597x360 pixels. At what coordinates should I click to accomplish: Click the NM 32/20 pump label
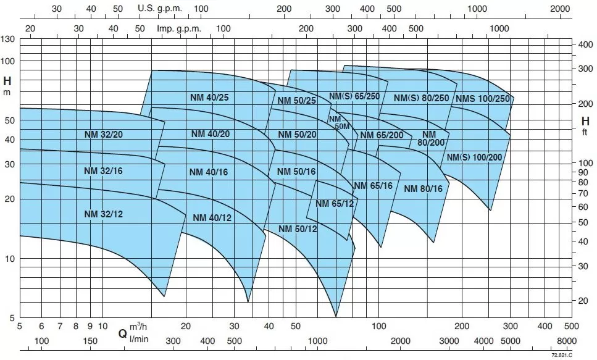click(104, 134)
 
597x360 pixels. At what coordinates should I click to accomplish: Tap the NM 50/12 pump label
click(298, 229)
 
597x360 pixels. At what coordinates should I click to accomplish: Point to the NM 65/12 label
click(334, 204)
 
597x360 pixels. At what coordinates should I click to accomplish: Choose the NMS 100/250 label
click(482, 99)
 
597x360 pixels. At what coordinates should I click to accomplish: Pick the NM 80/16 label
click(423, 189)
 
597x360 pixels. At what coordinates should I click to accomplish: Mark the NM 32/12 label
click(104, 214)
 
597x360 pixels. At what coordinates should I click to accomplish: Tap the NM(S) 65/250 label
click(354, 96)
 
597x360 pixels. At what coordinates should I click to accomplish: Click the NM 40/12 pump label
click(212, 217)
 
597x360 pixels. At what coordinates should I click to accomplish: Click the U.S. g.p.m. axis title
click(157, 9)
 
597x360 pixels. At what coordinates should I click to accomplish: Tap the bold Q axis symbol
click(123, 333)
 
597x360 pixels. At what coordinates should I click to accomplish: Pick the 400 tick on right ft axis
click(585, 46)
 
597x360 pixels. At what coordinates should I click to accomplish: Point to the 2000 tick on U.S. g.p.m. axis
click(561, 9)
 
